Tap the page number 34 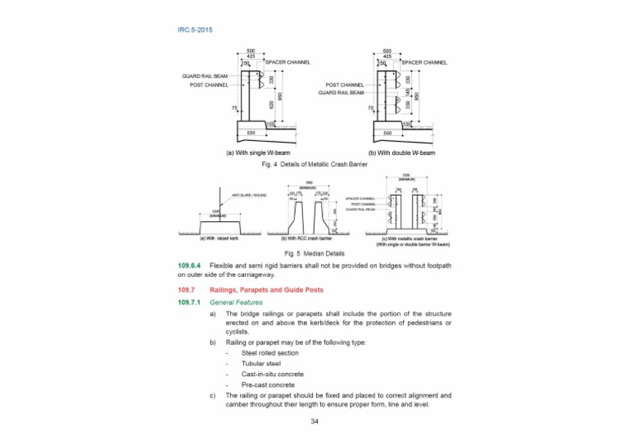click(x=314, y=421)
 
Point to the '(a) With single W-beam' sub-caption click(x=259, y=152)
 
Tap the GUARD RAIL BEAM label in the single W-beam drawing click(x=204, y=76)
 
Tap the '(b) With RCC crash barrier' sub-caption click(x=310, y=238)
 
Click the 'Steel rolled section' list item click(x=271, y=352)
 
